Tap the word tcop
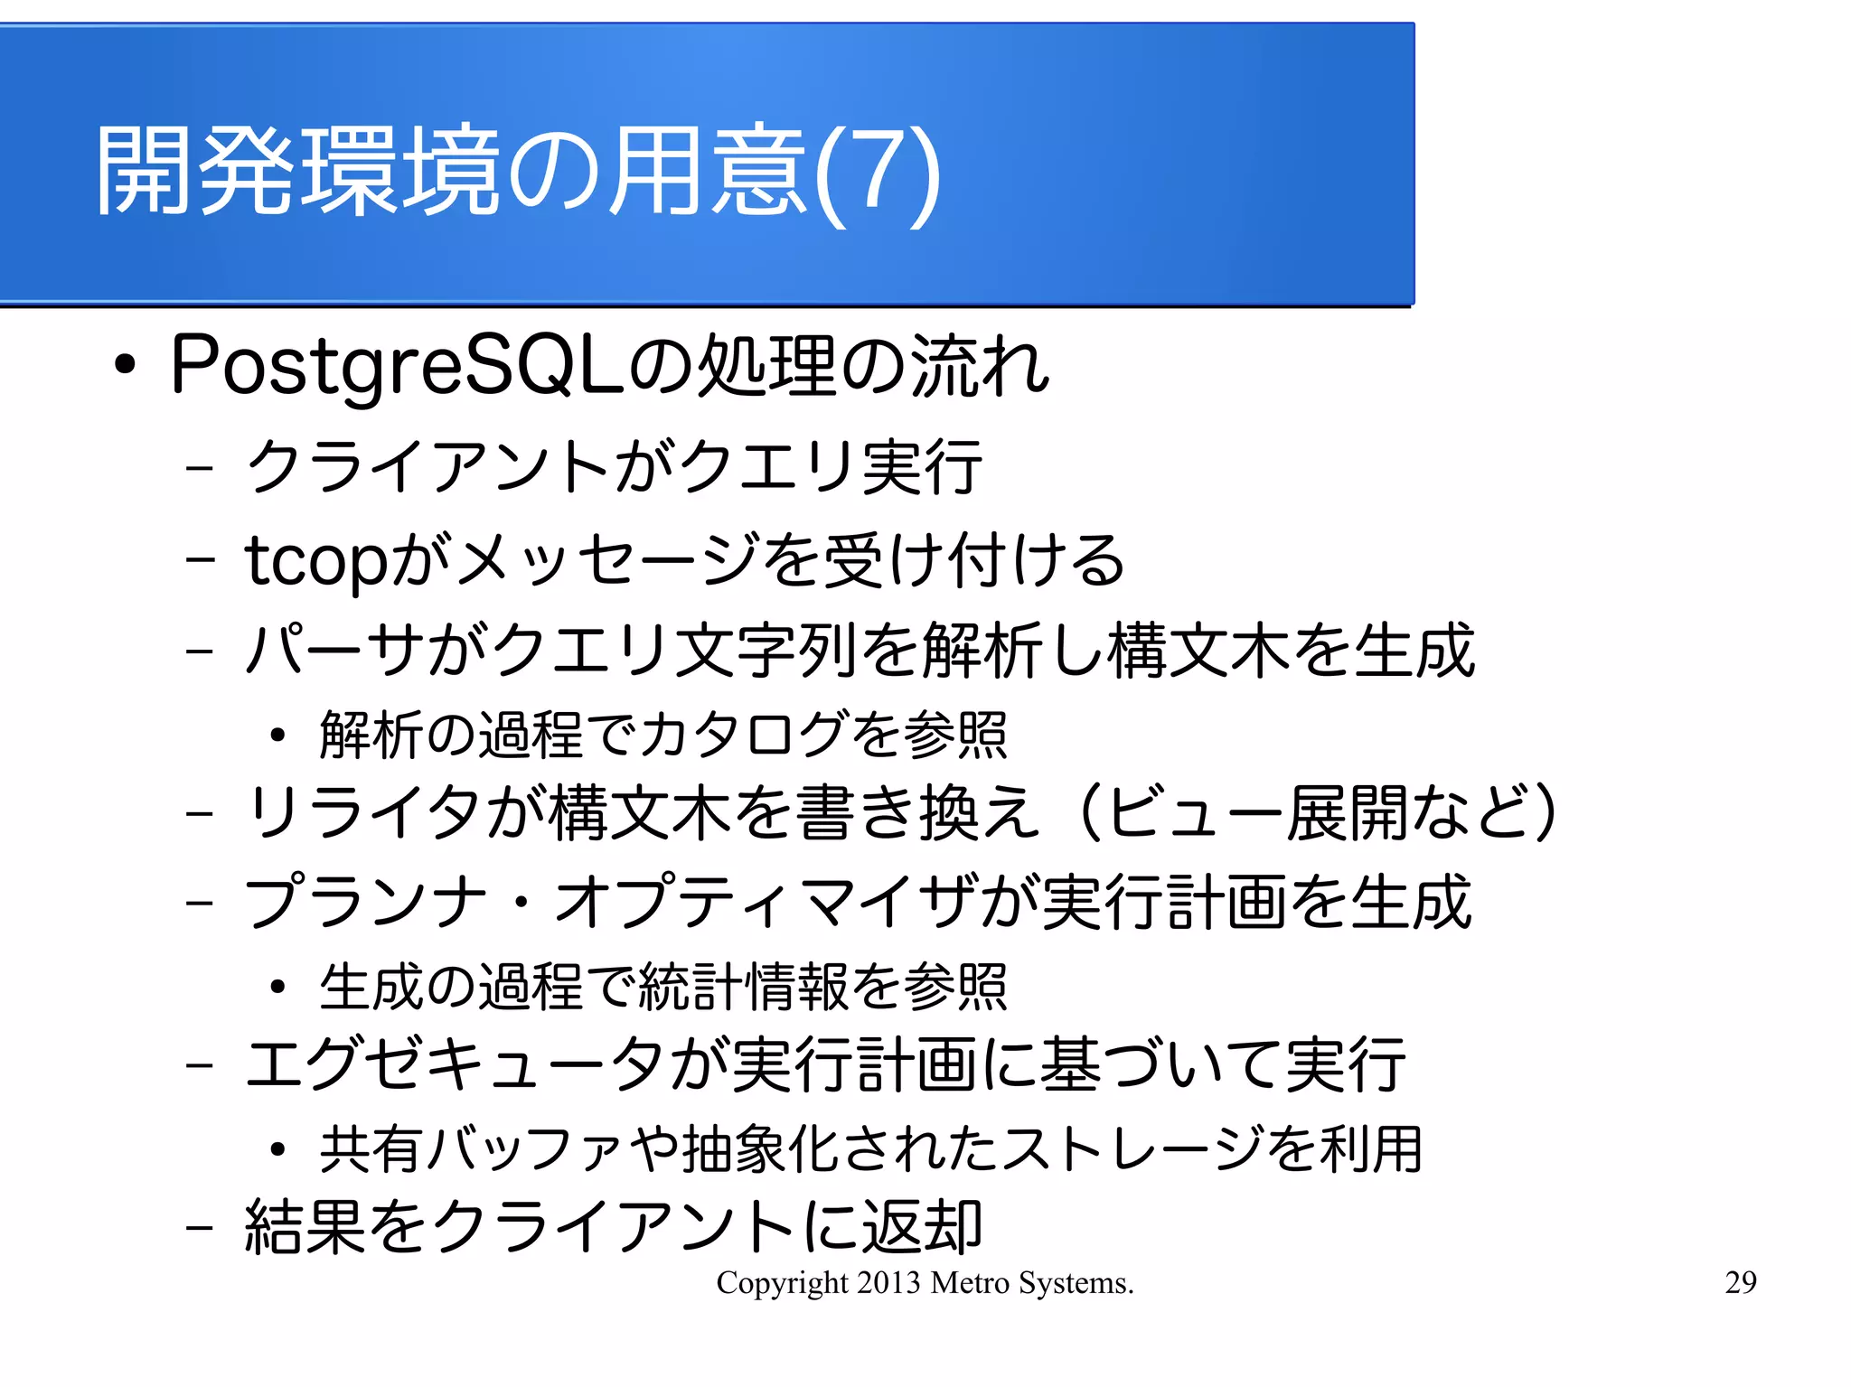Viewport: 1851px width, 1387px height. click(316, 561)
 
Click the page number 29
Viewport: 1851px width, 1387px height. click(1740, 1282)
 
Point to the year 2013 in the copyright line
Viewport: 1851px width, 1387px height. click(888, 1282)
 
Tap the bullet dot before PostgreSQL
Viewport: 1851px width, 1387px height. click(125, 366)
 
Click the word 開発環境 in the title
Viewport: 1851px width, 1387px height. click(298, 172)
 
